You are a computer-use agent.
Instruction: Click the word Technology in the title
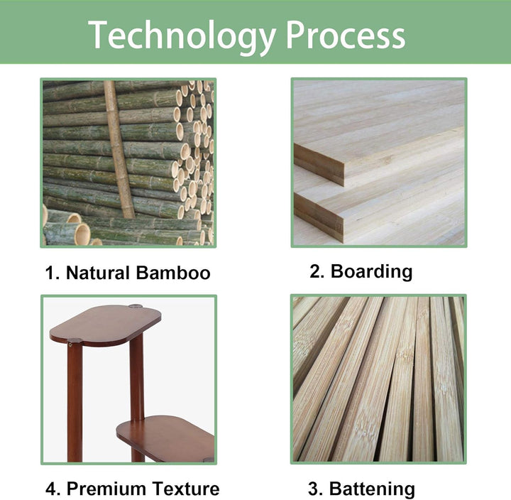[182, 36]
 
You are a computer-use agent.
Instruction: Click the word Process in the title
[346, 35]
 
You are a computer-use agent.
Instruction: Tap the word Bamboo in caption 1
[173, 273]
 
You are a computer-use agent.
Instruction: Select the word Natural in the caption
[98, 273]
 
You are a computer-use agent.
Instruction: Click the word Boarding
[371, 271]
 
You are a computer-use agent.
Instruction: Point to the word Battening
[372, 489]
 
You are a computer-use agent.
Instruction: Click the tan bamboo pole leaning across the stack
[119, 150]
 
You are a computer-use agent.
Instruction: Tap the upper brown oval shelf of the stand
[106, 325]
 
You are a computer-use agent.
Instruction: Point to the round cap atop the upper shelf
[136, 306]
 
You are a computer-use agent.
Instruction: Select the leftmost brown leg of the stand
[75, 401]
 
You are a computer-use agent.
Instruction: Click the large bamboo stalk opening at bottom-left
[82, 234]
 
